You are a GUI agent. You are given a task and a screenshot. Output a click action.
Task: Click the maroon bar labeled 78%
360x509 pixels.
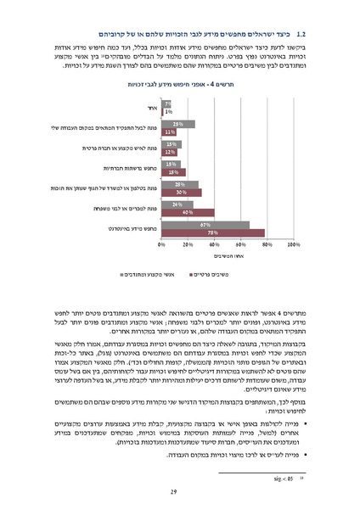click(x=212, y=232)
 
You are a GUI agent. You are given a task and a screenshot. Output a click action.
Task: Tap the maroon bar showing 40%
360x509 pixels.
click(x=187, y=213)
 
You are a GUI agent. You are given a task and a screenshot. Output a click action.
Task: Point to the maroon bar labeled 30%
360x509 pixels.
click(x=181, y=193)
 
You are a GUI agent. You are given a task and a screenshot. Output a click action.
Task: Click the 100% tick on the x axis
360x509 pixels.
click(x=293, y=244)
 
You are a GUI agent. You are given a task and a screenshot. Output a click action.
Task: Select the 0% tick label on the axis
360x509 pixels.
click(x=161, y=244)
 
